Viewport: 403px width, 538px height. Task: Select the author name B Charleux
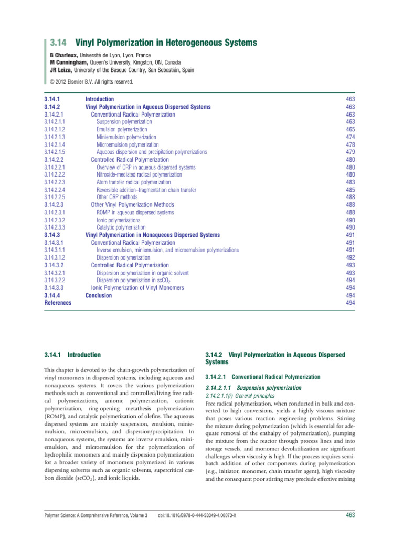[65, 55]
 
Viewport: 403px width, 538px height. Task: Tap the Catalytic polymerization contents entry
[121, 227]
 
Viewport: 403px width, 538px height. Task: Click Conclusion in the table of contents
[99, 295]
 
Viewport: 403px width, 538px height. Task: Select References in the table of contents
[58, 303]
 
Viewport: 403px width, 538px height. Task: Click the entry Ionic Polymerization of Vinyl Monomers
[137, 288]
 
